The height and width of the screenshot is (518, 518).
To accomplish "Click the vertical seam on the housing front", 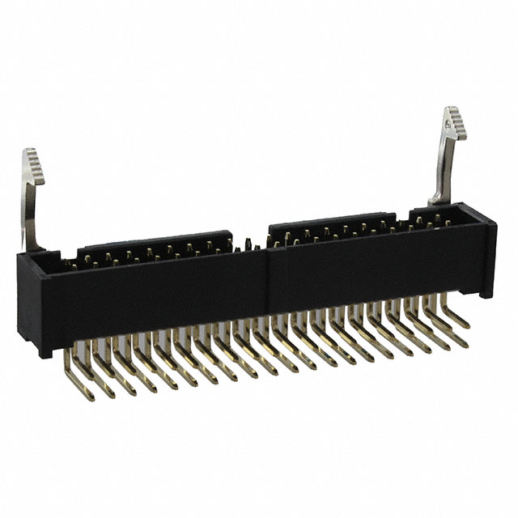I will [268, 279].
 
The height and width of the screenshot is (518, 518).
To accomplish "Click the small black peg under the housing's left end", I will [45, 350].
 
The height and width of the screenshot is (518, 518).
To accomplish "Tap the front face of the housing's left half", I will [154, 295].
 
